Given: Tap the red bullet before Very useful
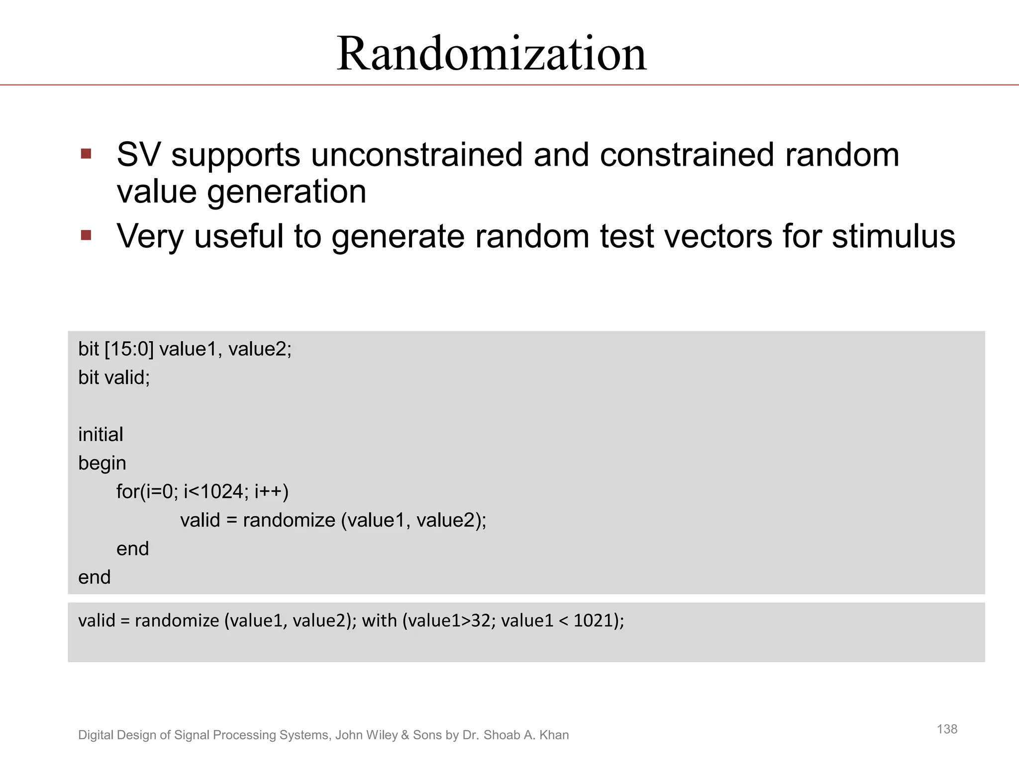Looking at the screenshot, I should [x=86, y=235].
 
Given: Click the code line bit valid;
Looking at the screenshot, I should [x=114, y=378].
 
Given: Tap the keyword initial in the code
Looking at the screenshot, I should [x=101, y=435].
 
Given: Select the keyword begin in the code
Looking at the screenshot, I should [x=102, y=464].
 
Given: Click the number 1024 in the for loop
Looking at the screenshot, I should [x=222, y=492].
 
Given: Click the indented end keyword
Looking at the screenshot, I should [x=132, y=549].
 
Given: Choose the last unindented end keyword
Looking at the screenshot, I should [x=95, y=577].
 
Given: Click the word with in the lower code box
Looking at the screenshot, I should [x=379, y=621].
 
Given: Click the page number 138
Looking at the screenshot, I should [x=947, y=729].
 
